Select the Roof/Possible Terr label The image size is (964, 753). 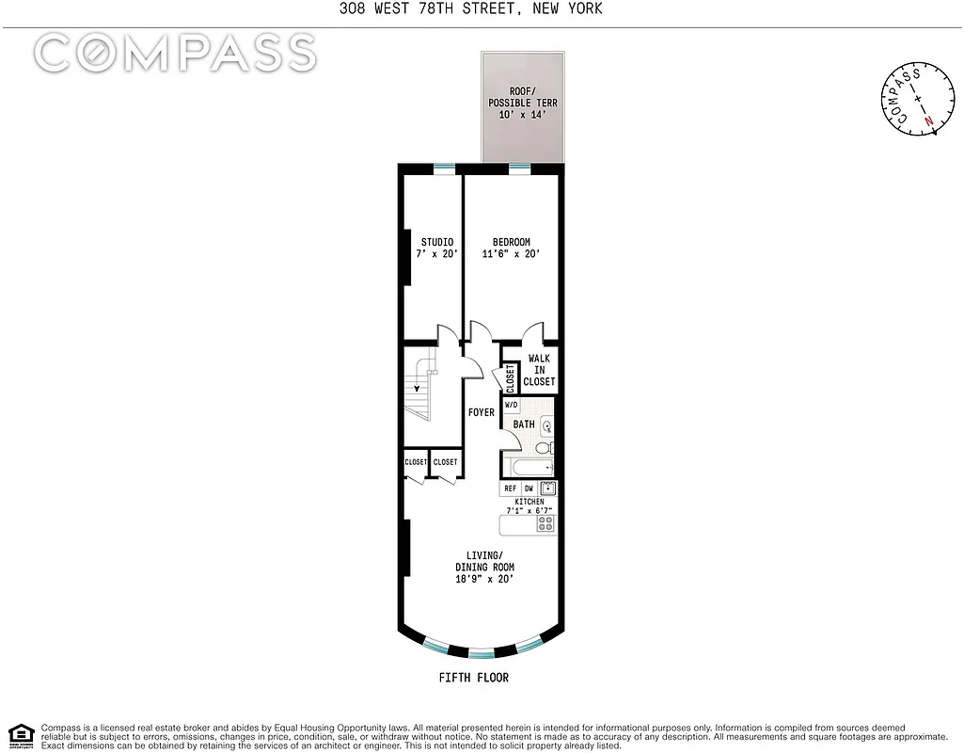(x=522, y=103)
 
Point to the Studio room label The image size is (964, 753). (x=437, y=248)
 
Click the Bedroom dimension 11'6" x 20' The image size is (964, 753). (x=511, y=254)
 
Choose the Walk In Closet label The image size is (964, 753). (x=539, y=370)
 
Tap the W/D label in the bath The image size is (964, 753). (x=512, y=406)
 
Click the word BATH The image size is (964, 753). (x=524, y=425)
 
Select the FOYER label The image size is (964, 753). (x=482, y=412)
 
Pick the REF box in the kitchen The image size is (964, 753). (x=511, y=489)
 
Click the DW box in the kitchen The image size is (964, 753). (x=529, y=489)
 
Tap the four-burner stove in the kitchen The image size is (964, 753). (x=545, y=524)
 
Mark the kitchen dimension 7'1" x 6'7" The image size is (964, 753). (x=528, y=510)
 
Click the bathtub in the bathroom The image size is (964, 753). (x=530, y=467)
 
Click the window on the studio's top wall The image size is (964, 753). (x=443, y=168)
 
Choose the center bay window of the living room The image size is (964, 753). (x=482, y=652)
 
